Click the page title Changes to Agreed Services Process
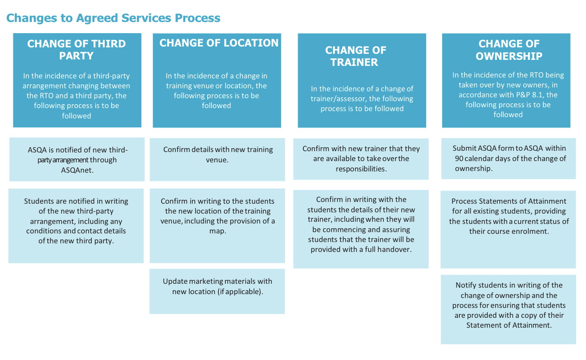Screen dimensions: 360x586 point(113,18)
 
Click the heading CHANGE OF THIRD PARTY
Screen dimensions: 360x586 point(77,50)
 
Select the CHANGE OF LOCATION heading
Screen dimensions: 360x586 point(219,43)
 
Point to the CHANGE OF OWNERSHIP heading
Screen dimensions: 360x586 point(508,50)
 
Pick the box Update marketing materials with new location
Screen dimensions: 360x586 point(217,291)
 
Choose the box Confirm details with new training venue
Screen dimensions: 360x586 point(217,159)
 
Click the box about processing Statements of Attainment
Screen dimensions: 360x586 point(508,229)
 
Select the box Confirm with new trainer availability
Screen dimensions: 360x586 point(361,159)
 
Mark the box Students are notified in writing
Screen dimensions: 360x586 point(76,226)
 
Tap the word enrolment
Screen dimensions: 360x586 point(531,231)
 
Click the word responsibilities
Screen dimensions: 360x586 point(361,169)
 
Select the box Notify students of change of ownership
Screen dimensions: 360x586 point(508,309)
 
